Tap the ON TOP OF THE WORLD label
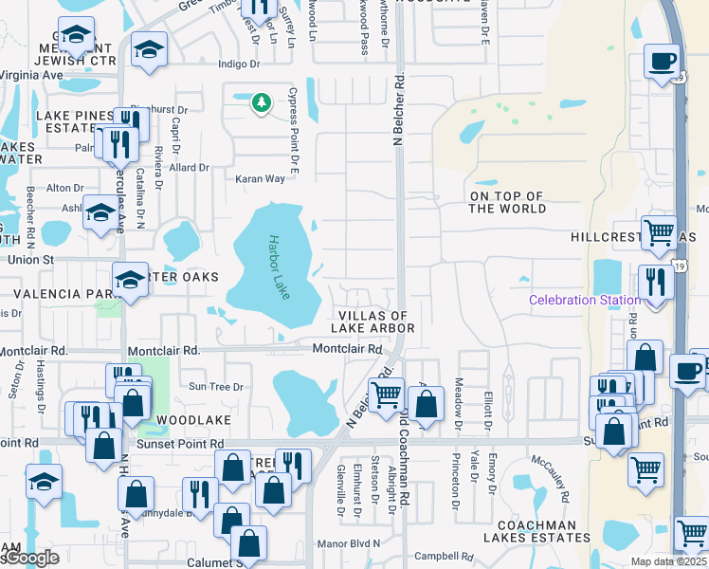pos(507,202)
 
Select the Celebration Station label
pos(584,301)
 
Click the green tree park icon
pos(261,101)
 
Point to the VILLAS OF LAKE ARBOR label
pos(373,321)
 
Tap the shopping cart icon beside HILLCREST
pos(657,231)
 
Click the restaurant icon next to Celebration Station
pos(656,282)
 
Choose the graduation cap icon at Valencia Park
pos(130,279)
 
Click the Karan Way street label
pos(261,178)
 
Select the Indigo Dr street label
pos(238,64)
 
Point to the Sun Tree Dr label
pos(216,386)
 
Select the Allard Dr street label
pos(190,168)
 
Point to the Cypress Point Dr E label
pos(295,143)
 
